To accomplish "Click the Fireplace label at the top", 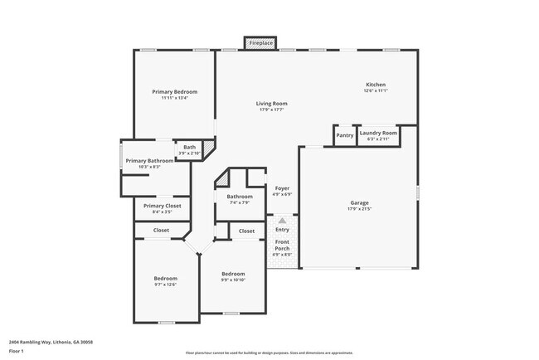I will [260, 42].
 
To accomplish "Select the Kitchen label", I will [376, 85].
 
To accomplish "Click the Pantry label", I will [345, 136].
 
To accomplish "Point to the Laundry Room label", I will [378, 133].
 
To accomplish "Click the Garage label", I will [359, 202].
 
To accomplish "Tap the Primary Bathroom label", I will [149, 160].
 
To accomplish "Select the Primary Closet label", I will [162, 206].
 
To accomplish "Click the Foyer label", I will [282, 188].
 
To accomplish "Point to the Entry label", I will [282, 230].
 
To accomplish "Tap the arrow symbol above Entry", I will [282, 221].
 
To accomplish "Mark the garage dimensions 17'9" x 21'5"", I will [359, 209].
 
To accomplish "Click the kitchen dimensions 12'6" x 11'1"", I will [376, 91].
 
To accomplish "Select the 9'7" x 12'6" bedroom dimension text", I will [165, 285].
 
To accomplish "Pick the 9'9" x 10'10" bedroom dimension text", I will [233, 280].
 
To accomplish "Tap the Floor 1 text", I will [17, 352].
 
